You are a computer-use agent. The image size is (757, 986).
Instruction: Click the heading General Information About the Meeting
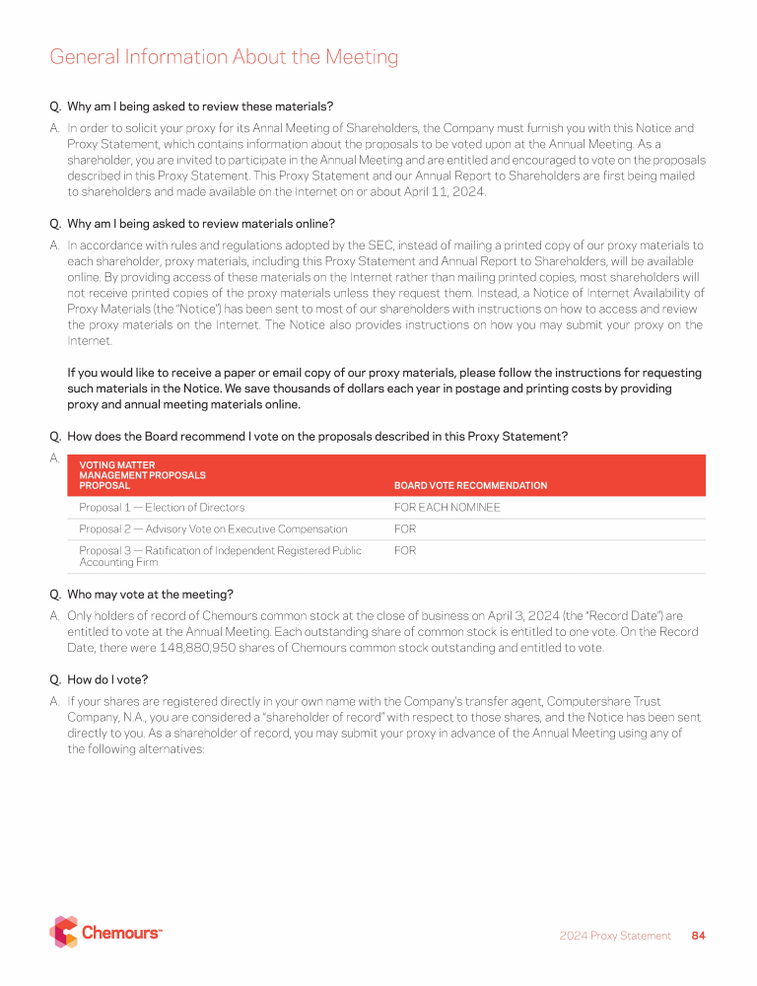tap(224, 57)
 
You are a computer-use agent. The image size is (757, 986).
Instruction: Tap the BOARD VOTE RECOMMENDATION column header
tap(470, 485)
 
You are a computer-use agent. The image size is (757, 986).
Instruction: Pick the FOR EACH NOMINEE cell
tap(447, 508)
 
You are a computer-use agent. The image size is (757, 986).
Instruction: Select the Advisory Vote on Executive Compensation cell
tap(213, 529)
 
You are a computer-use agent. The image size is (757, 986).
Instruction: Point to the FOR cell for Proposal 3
tap(405, 551)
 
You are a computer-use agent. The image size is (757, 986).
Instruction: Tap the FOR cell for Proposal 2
tap(405, 529)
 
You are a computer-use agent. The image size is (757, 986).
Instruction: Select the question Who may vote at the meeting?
tap(149, 595)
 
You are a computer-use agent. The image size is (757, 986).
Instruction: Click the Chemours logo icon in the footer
tap(64, 932)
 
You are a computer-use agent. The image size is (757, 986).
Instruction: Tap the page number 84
tap(699, 936)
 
